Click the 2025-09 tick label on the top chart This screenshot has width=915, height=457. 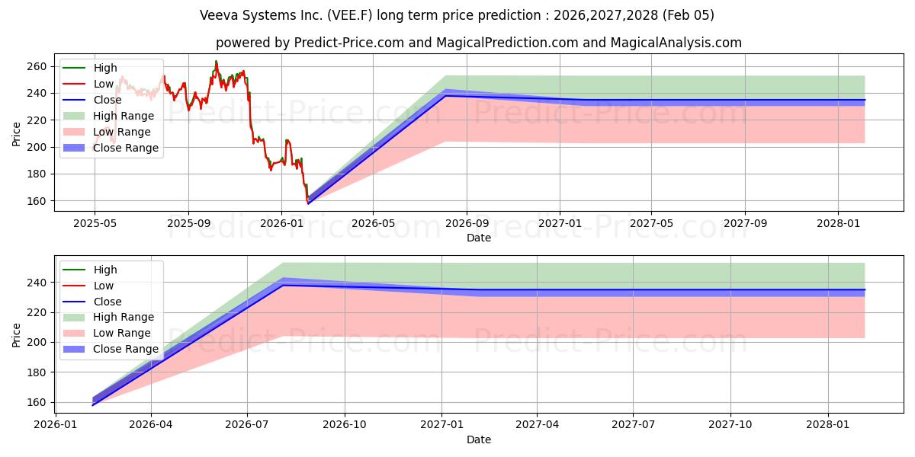click(x=188, y=224)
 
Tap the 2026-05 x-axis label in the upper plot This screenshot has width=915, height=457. click(x=373, y=224)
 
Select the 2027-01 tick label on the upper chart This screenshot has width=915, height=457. click(x=560, y=224)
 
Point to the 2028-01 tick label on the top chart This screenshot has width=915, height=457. click(x=839, y=224)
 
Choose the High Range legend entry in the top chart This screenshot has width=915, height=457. click(x=124, y=116)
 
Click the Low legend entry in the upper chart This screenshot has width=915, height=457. click(x=104, y=84)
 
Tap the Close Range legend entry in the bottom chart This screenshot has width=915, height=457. click(x=126, y=349)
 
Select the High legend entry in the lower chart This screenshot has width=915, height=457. click(x=105, y=270)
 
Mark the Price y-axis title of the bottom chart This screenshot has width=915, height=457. click(x=17, y=334)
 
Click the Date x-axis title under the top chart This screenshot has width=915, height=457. click(x=478, y=238)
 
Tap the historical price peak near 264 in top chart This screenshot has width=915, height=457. click(x=216, y=62)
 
